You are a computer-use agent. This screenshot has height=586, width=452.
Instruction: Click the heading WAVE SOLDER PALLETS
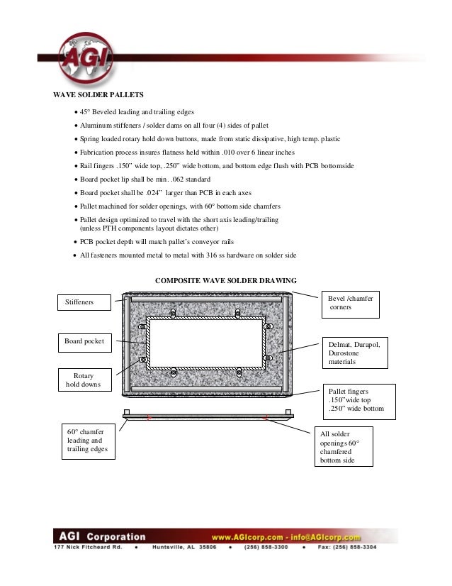(99, 94)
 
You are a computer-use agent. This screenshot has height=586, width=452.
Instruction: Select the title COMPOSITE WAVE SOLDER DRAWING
(225, 280)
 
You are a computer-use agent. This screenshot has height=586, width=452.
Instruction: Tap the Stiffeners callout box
(84, 303)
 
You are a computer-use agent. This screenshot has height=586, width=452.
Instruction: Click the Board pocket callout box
(84, 342)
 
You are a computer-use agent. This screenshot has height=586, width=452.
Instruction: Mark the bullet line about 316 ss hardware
(188, 255)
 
